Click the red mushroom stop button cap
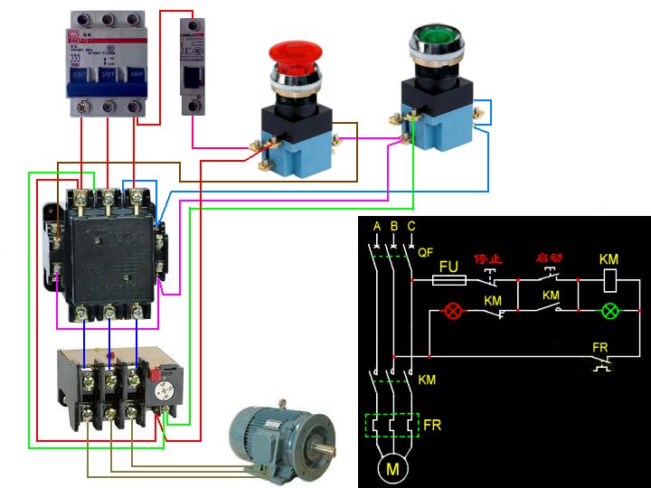(296, 55)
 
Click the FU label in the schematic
(449, 267)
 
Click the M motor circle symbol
(392, 468)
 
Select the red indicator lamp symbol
(451, 312)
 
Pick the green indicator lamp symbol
(610, 312)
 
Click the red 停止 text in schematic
(488, 257)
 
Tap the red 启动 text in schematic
(549, 257)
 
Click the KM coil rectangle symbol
(610, 280)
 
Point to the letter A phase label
(377, 225)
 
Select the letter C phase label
(411, 225)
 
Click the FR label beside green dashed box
(432, 424)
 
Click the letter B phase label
(394, 225)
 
